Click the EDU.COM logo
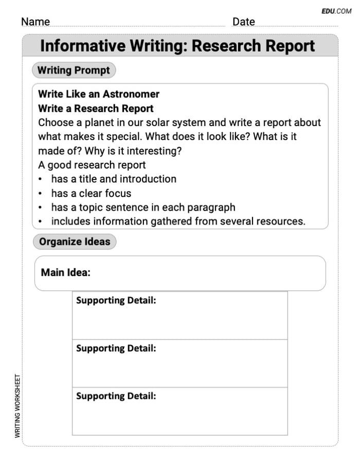tap(336, 10)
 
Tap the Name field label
tap(35, 22)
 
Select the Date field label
tap(243, 22)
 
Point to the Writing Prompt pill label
tap(74, 70)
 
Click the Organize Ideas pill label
tap(75, 242)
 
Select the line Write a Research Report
tap(96, 109)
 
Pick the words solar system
tap(173, 123)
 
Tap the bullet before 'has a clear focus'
tap(41, 194)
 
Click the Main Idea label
tap(65, 273)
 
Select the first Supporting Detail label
tap(116, 300)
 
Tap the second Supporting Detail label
tap(116, 348)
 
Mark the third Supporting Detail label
tap(116, 396)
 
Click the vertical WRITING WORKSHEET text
tap(17, 406)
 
